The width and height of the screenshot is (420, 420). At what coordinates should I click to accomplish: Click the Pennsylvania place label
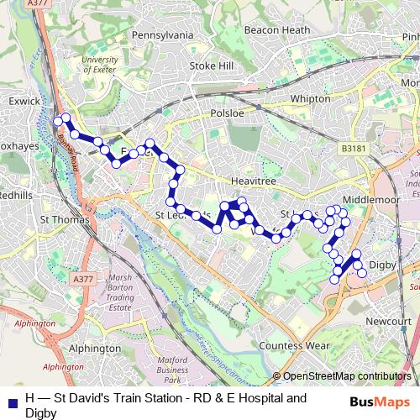pos(160,36)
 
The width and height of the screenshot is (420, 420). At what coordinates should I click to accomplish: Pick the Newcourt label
pos(387,320)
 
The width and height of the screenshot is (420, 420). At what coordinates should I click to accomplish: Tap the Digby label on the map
pos(382,265)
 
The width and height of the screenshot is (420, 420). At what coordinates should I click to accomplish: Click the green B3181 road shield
pos(354,148)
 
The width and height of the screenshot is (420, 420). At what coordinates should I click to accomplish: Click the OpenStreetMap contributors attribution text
pos(346,377)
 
